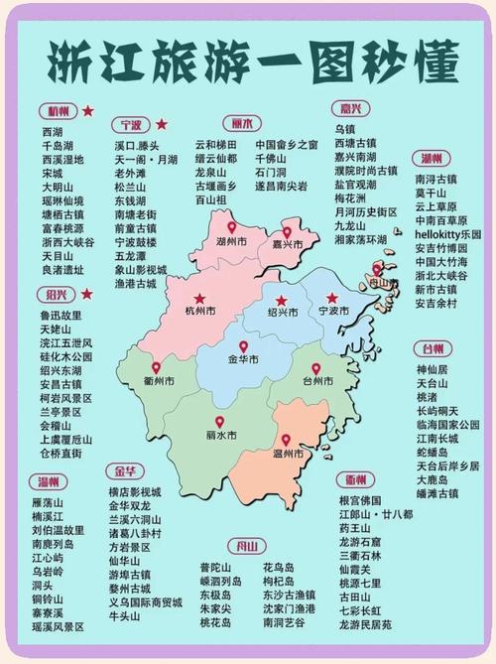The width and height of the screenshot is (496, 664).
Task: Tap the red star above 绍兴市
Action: point(282,300)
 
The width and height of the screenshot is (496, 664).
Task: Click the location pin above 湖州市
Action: point(232,228)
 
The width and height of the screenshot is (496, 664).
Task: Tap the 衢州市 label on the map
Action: point(157,381)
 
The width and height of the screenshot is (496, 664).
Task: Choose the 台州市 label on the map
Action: point(317,381)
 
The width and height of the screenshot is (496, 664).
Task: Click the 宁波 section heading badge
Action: point(131,125)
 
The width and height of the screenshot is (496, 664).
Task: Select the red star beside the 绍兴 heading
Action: point(87,294)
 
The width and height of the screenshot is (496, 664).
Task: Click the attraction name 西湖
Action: point(52,131)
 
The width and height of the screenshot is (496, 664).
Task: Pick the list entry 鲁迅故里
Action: point(59,315)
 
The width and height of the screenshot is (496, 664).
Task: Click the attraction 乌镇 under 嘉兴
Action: point(344,130)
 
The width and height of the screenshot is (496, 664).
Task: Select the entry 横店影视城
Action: point(135,492)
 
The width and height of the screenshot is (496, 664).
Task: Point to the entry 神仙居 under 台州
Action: point(432,369)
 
